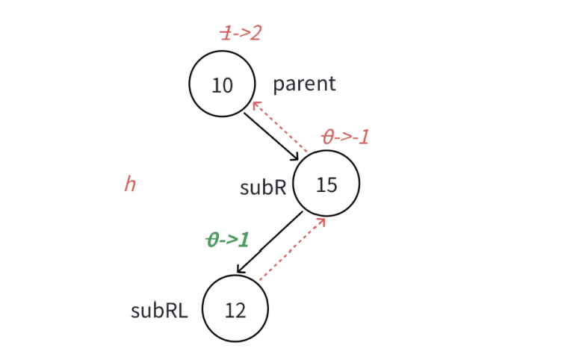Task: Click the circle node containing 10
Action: coord(222,84)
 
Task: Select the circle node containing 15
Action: coord(326,183)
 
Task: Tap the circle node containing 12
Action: coord(235,308)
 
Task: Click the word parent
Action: coord(304,84)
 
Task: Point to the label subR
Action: coord(263,187)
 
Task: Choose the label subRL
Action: coord(159,310)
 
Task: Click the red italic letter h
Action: coord(130,184)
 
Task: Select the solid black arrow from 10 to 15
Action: coord(270,136)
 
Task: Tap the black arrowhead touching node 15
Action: coord(294,156)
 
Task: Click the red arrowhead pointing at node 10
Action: coord(256,105)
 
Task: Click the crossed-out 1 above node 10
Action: coord(225,33)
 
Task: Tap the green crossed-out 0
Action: coord(212,239)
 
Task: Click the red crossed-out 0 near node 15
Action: coord(327,137)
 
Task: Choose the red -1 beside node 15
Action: coord(360,137)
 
